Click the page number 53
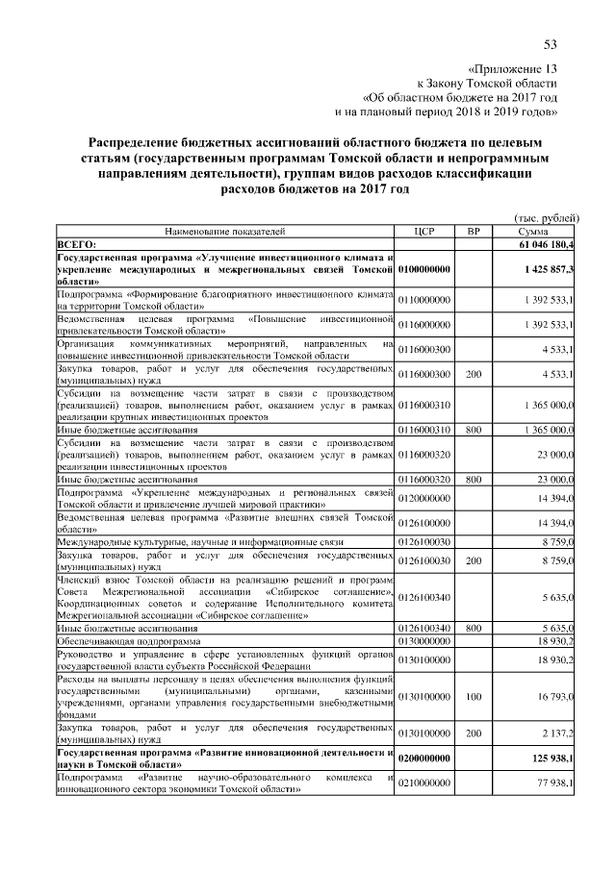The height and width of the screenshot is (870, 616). click(551, 44)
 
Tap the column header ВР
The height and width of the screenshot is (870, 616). click(473, 233)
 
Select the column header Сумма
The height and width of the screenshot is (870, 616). click(532, 233)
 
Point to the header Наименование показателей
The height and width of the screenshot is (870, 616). click(225, 233)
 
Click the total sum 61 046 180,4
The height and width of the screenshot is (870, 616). click(546, 246)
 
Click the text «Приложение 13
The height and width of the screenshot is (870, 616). click(511, 69)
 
